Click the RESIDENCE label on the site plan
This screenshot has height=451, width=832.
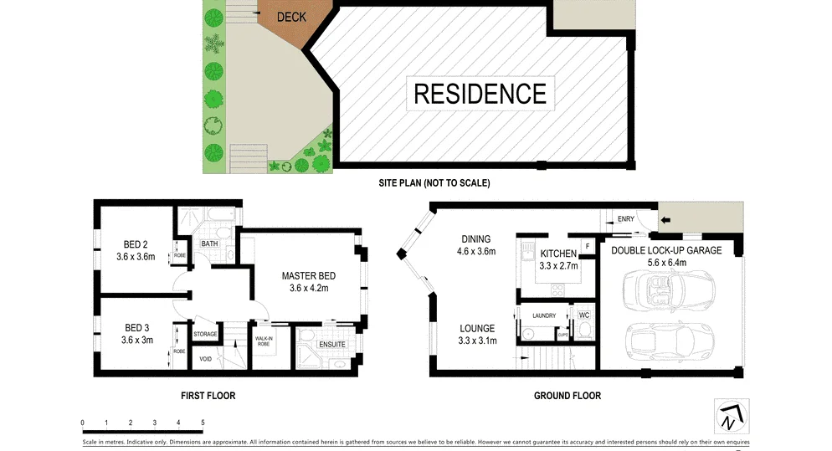480,93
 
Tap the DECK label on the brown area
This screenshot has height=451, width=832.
292,17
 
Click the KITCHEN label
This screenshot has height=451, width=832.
557,254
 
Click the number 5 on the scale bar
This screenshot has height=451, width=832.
203,423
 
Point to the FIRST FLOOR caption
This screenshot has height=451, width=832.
208,396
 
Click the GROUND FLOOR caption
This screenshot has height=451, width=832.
567,396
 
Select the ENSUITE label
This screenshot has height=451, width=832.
331,345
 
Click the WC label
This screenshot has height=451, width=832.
584,315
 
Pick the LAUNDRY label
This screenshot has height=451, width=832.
544,315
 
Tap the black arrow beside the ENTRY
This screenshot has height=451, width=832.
665,221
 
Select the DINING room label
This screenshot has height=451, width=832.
475,238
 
